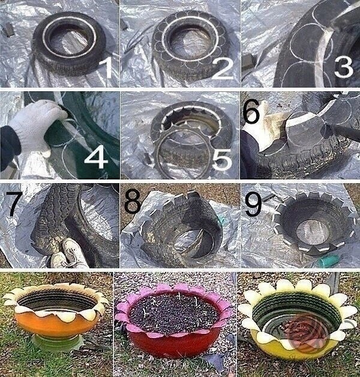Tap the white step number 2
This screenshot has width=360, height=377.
coord(222,68)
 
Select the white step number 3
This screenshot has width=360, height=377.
coord(344,66)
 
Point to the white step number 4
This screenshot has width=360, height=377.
coord(96,157)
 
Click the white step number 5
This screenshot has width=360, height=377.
coord(222,159)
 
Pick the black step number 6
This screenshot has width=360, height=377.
coord(251,111)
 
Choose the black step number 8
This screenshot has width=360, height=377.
coord(133,201)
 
